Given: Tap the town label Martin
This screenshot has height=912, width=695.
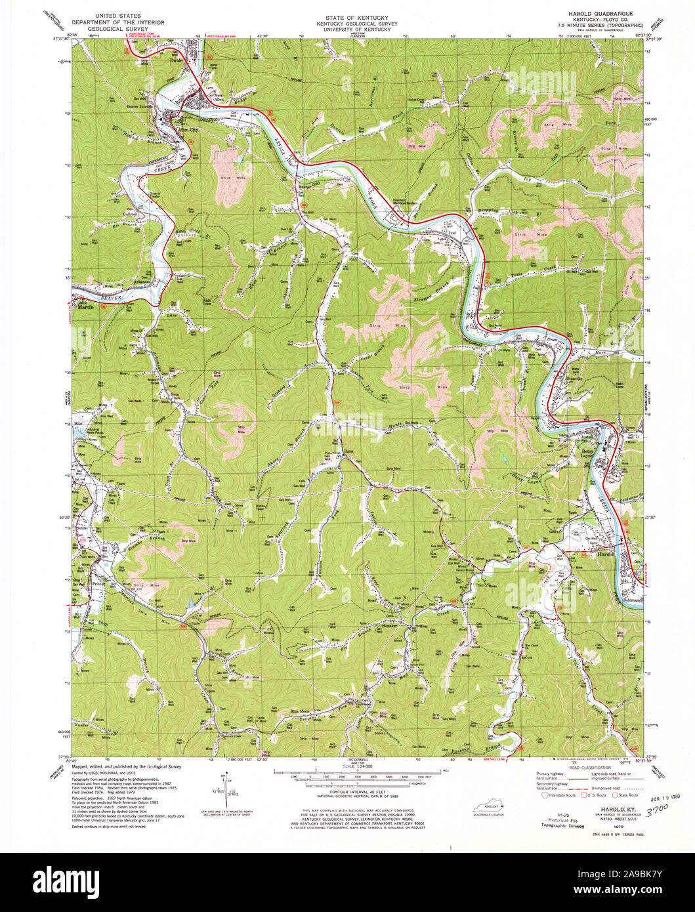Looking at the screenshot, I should pos(83,306).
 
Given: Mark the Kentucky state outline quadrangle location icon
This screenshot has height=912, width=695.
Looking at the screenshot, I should pos(488,804).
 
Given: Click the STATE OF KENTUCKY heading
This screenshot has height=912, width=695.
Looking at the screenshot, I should pos(347,16).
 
